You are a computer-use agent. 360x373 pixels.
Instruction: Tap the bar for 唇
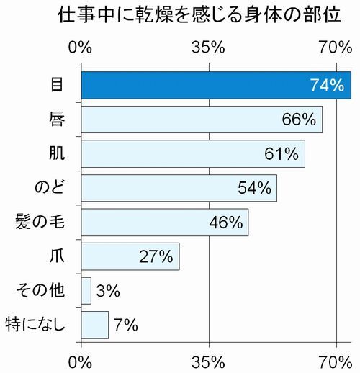pos(180,120)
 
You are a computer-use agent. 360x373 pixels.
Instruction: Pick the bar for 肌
pos(173,153)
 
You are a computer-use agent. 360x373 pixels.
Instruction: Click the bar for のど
pos(158,188)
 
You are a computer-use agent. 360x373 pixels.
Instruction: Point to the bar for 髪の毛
pos(144,222)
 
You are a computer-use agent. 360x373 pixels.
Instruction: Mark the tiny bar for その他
pos(86,290)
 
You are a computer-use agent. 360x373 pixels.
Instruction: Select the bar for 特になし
pos(94,325)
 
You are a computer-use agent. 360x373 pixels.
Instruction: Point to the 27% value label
pos(156,256)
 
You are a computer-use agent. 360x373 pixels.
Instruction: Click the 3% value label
pos(107,291)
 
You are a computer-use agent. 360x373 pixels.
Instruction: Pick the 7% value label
pos(125,325)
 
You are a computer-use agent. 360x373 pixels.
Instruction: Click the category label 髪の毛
pos(41,222)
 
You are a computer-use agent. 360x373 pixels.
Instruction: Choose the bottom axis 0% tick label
pos(81,359)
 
